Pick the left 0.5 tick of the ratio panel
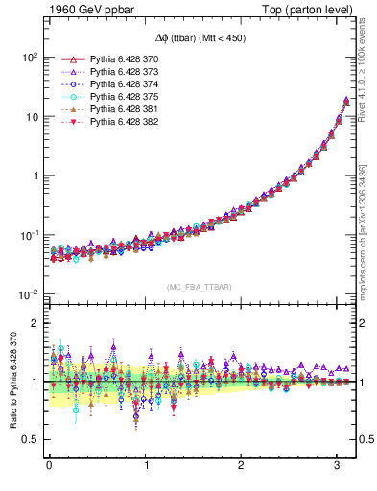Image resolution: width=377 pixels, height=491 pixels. point(30,439)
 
